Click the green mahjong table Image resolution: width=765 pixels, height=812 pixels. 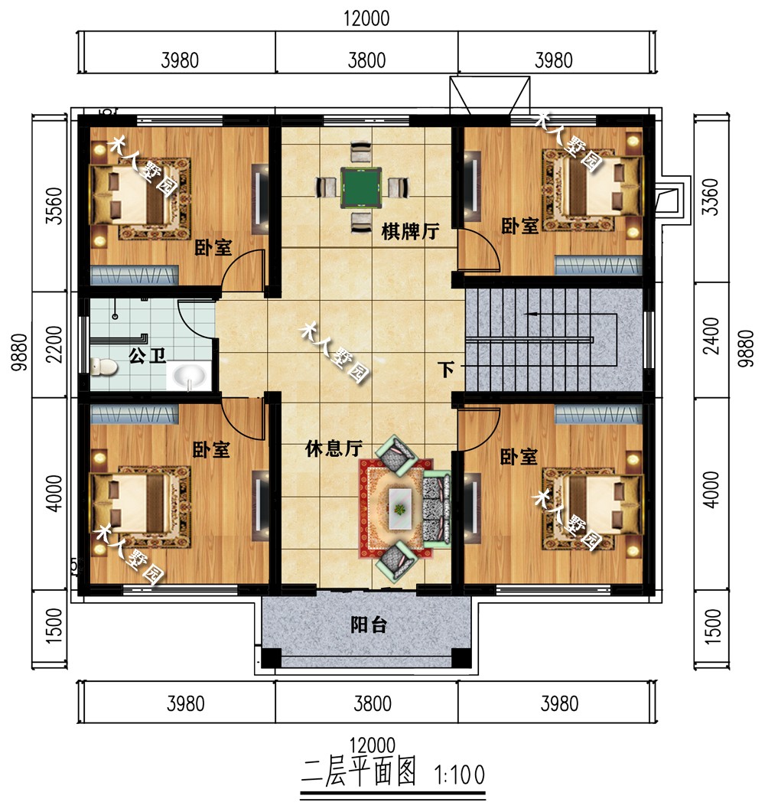click(361, 188)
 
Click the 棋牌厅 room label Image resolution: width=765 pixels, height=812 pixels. click(411, 231)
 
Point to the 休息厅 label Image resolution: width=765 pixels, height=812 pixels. click(334, 448)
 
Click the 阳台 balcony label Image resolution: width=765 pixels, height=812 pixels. click(369, 625)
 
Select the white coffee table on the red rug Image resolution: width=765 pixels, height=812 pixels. click(400, 508)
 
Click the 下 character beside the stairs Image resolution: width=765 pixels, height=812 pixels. click(446, 369)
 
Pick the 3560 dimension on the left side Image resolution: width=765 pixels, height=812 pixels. click(54, 206)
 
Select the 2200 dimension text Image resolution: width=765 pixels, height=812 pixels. click(54, 344)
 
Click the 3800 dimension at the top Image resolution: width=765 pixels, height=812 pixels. click(366, 60)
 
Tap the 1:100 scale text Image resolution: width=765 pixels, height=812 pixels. click(460, 775)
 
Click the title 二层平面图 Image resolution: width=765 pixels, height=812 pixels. click(359, 771)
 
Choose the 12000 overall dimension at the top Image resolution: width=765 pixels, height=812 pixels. click(366, 18)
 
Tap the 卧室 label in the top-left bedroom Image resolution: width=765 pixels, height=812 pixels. click(213, 247)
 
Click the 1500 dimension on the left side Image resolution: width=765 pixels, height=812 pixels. click(54, 625)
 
